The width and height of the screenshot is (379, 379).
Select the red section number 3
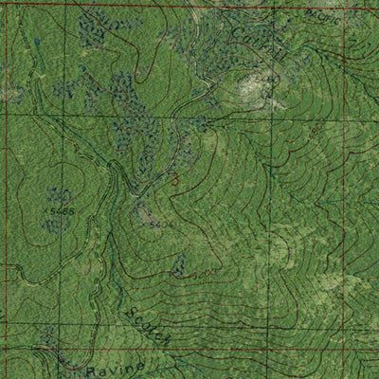[x=174, y=177]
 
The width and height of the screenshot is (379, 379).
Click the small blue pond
[x=38, y=44]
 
